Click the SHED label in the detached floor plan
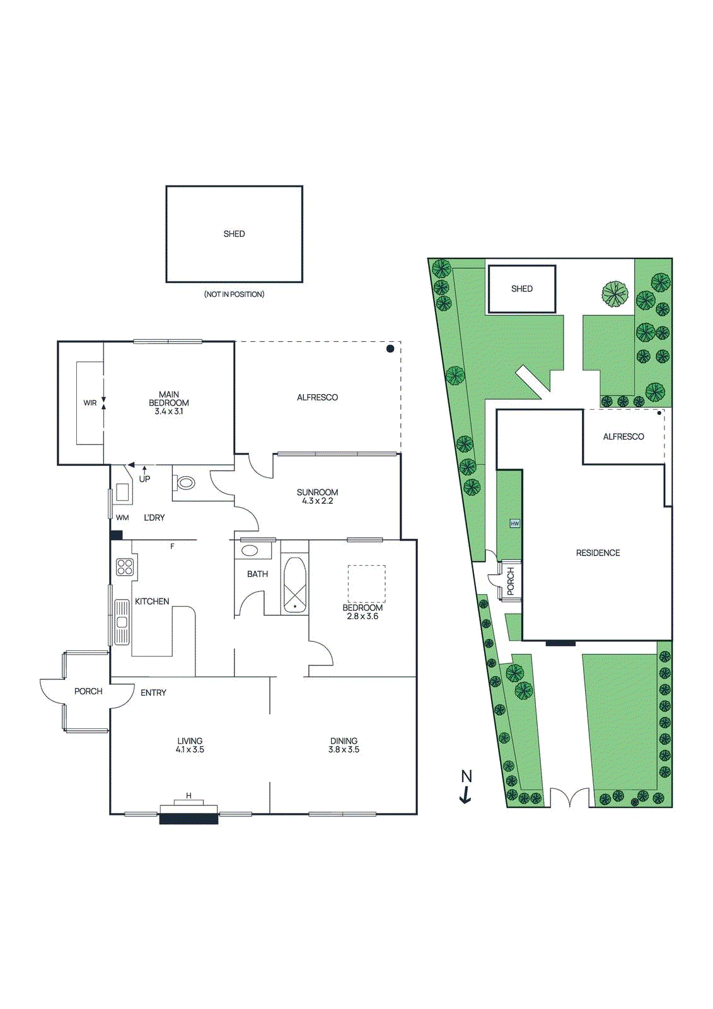(234, 234)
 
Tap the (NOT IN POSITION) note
(234, 295)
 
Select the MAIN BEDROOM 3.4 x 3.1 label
(169, 403)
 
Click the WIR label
(90, 403)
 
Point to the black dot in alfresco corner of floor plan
(390, 349)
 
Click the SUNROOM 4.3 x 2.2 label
(317, 496)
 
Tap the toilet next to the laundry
(185, 484)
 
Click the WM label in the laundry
(122, 518)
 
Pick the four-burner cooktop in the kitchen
(125, 567)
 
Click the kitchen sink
(122, 622)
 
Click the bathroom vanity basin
(250, 551)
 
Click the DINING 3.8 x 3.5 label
(344, 745)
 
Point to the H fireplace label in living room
(188, 796)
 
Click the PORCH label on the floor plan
(88, 691)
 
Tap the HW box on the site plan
(515, 523)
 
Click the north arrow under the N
(465, 796)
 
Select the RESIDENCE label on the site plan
(598, 553)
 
